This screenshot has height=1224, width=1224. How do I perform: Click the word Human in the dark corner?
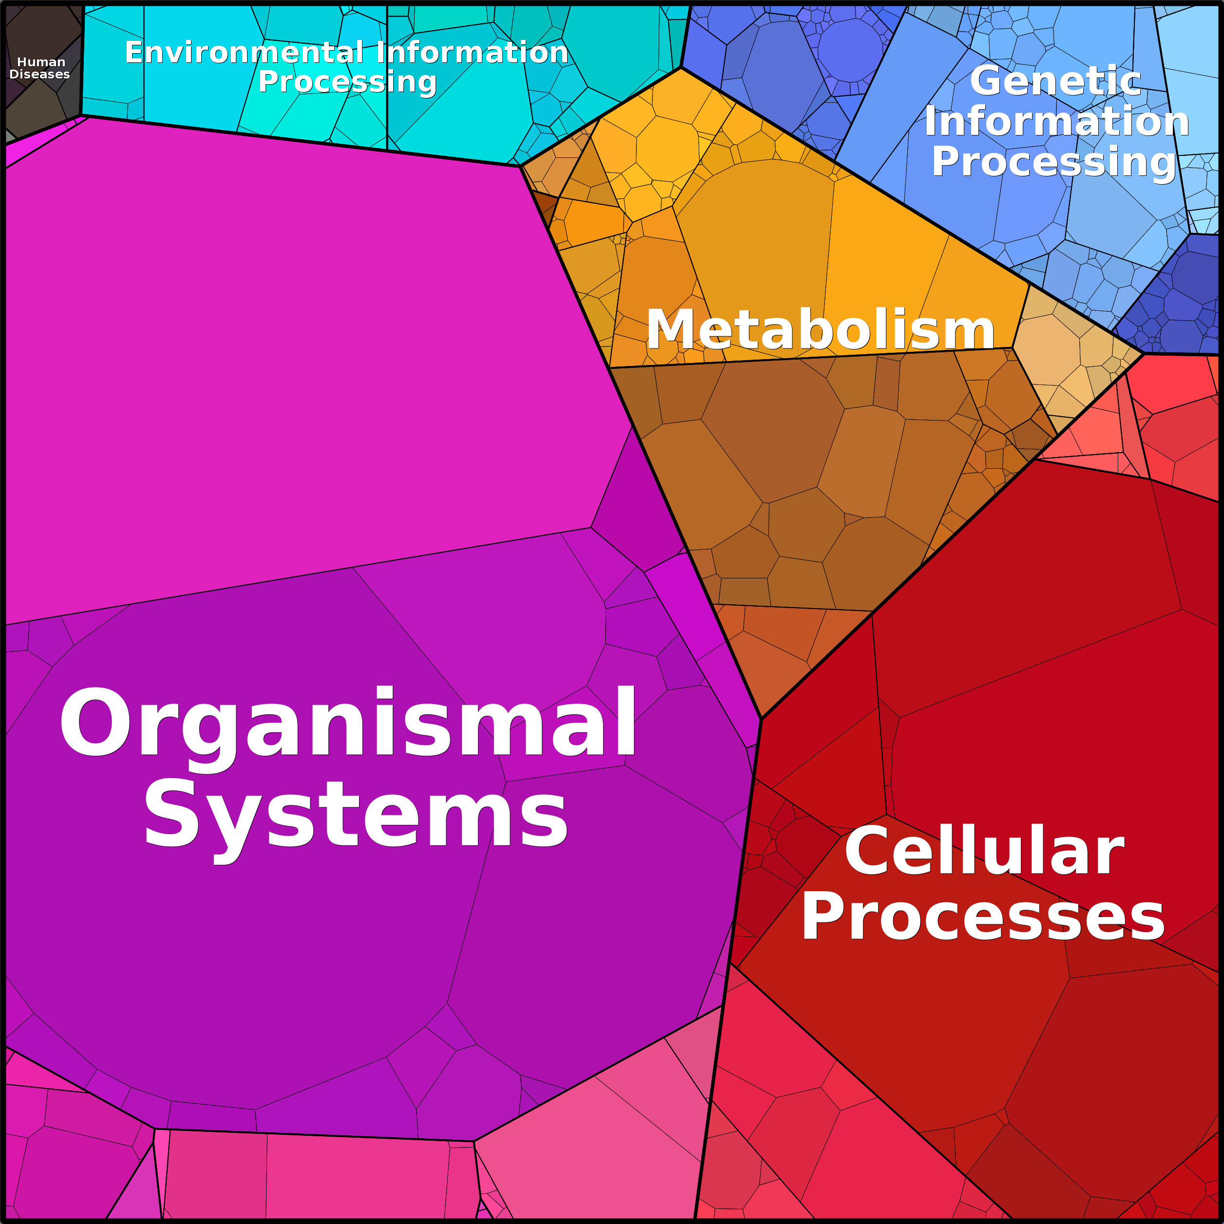coord(41,62)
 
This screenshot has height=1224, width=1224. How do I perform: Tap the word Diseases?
coord(40,74)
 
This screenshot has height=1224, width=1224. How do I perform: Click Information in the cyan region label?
coord(473,52)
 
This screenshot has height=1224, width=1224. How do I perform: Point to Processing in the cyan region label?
coord(347,82)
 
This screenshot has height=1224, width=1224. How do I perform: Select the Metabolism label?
coord(821,329)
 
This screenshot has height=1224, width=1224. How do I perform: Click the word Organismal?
coord(348,723)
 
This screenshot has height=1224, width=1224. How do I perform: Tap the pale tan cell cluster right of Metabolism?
coord(1071,355)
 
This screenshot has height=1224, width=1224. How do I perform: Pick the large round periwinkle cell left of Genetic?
coord(850,49)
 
